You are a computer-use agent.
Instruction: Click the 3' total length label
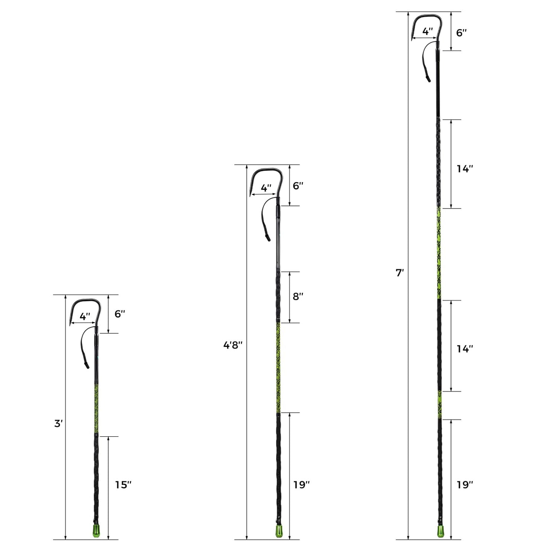tap(58, 423)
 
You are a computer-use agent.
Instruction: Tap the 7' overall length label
tap(400, 273)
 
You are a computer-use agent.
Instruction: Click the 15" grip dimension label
tap(123, 485)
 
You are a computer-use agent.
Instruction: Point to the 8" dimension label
tap(298, 296)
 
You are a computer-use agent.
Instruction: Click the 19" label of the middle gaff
tap(301, 485)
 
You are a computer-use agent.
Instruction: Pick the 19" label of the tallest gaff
tap(464, 485)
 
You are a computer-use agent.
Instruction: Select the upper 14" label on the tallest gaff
tap(464, 168)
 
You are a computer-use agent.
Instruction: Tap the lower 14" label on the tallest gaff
tap(464, 348)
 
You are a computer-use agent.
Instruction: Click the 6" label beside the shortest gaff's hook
tap(120, 314)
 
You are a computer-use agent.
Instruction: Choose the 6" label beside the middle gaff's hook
tap(298, 186)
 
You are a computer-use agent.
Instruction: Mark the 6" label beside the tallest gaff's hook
tap(461, 33)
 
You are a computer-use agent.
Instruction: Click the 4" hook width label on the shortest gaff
tap(85, 316)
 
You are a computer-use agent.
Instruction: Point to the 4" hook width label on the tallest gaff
tap(427, 32)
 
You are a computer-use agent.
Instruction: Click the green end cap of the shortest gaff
tap(96, 531)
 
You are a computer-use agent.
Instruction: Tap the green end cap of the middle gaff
tap(279, 531)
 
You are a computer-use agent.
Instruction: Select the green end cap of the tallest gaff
tap(440, 531)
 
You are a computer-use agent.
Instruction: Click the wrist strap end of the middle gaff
tap(268, 237)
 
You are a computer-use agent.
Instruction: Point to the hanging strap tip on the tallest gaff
tap(428, 78)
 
